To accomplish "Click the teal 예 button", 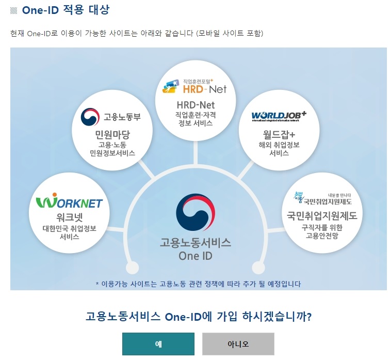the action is [158, 344].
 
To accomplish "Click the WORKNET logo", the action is [69, 202].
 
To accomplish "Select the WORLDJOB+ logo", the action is [279, 116].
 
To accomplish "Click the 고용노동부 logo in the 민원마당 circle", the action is [111, 117].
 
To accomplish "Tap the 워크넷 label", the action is [69, 216].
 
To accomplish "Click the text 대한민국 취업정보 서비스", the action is [69, 232].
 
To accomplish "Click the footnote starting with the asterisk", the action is [198, 284].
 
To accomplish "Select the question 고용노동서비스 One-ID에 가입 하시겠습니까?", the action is [199, 316].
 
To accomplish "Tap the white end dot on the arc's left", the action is [133, 268].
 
